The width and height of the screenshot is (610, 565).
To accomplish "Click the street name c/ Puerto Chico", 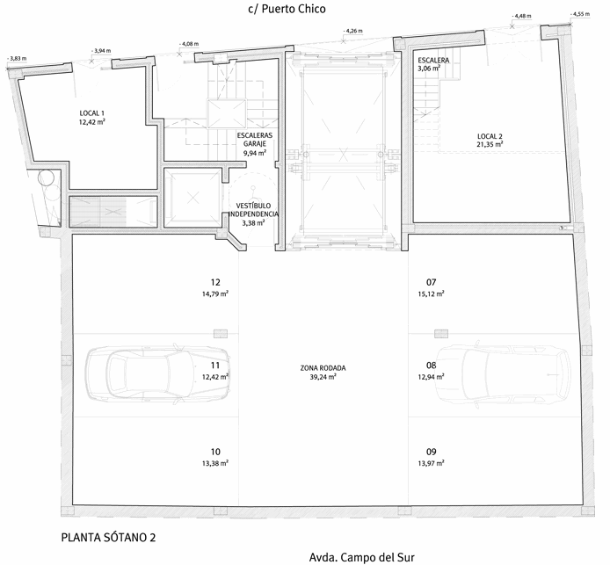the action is pyautogui.click(x=287, y=9).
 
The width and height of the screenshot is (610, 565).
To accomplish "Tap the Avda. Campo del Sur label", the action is pyautogui.click(x=362, y=557).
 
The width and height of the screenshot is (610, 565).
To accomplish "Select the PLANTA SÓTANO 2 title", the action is pyautogui.click(x=108, y=538).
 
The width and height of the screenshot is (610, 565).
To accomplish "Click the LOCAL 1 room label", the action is pyautogui.click(x=91, y=113).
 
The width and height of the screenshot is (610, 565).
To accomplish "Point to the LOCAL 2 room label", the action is pyautogui.click(x=490, y=136).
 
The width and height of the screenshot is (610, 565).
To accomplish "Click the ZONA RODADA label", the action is pyautogui.click(x=323, y=368).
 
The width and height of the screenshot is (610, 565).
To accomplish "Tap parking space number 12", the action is pyautogui.click(x=215, y=282).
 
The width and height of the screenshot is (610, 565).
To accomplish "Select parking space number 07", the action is pyautogui.click(x=431, y=282).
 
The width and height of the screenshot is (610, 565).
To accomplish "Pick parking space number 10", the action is pyautogui.click(x=215, y=452).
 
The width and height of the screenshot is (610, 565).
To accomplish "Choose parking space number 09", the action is pyautogui.click(x=431, y=452).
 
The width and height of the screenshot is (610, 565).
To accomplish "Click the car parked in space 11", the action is pyautogui.click(x=157, y=373).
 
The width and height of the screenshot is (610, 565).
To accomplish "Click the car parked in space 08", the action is pyautogui.click(x=502, y=374).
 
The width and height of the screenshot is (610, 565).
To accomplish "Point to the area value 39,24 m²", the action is pyautogui.click(x=323, y=377).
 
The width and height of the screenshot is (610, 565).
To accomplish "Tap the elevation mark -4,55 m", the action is pyautogui.click(x=580, y=14).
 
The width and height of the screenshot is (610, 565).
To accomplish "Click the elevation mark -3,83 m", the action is pyautogui.click(x=17, y=59).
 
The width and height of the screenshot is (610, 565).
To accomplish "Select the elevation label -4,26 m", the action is pyautogui.click(x=352, y=31).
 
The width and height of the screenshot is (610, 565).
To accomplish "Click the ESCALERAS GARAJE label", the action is pyautogui.click(x=255, y=140).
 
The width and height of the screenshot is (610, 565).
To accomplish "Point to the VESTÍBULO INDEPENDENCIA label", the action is pyautogui.click(x=254, y=210).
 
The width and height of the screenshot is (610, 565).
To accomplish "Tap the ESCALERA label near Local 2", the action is pyautogui.click(x=433, y=61).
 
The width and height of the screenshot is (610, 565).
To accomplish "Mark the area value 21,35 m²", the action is pyautogui.click(x=490, y=145).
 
